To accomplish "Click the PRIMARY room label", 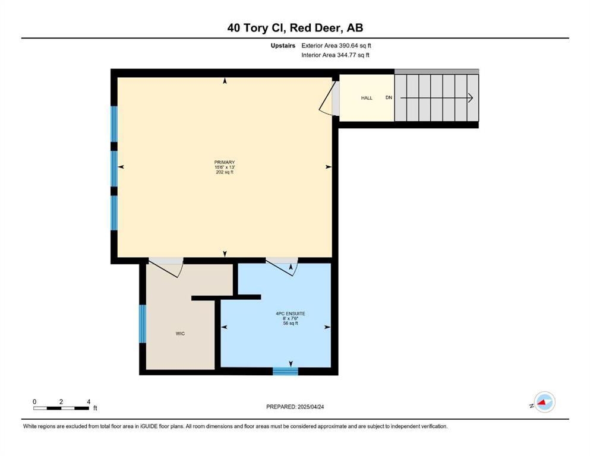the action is pyautogui.click(x=225, y=163).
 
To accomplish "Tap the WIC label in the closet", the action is pyautogui.click(x=180, y=334).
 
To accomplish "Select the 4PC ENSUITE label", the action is pyautogui.click(x=291, y=313).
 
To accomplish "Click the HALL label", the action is pyautogui.click(x=367, y=98).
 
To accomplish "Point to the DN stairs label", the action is pyautogui.click(x=389, y=97).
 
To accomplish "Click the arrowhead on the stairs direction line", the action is pyautogui.click(x=470, y=98).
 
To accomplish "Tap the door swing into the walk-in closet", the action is pyautogui.click(x=166, y=267).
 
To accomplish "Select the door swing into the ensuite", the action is pyautogui.click(x=282, y=267).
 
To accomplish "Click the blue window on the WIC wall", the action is pyautogui.click(x=143, y=324).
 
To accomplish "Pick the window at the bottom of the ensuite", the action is pyautogui.click(x=285, y=372).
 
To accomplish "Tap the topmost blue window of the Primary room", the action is pyautogui.click(x=114, y=123).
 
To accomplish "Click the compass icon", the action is pyautogui.click(x=544, y=402).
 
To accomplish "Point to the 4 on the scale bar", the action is pyautogui.click(x=89, y=402).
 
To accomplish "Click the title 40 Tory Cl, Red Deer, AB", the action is pyautogui.click(x=295, y=28).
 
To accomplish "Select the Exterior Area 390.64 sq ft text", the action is pyautogui.click(x=336, y=46).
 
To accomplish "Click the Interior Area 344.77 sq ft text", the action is pyautogui.click(x=335, y=55).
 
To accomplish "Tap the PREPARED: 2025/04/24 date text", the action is pyautogui.click(x=295, y=407).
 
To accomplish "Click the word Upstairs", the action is pyautogui.click(x=283, y=46).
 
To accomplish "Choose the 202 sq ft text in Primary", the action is pyautogui.click(x=225, y=172).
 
